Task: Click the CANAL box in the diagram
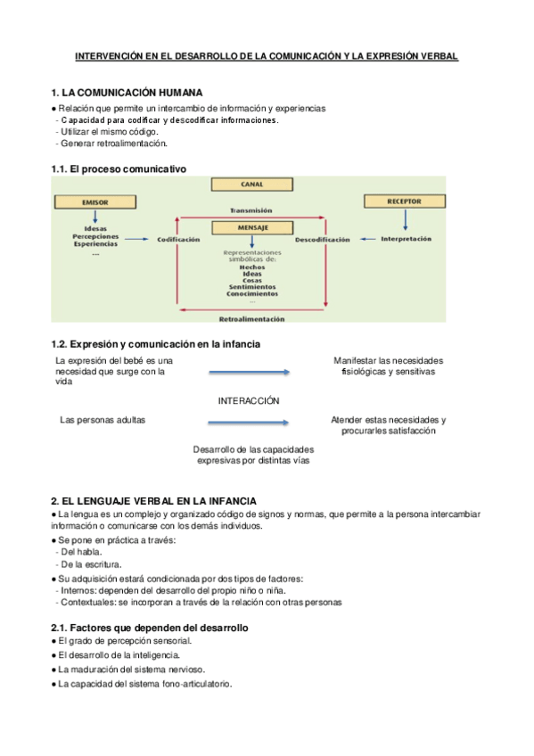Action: [x=251, y=185]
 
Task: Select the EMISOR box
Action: [x=94, y=203]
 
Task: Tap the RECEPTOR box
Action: [x=403, y=201]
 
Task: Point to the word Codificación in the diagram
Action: [x=177, y=240]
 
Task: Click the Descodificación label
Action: [x=322, y=240]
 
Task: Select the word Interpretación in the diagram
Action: [x=406, y=239]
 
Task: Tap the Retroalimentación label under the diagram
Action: [x=251, y=318]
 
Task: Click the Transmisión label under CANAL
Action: [x=251, y=210]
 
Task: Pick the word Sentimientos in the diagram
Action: [x=251, y=286]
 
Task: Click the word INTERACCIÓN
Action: [x=249, y=401]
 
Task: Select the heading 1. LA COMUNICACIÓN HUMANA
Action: [x=127, y=93]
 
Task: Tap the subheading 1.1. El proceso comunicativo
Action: [x=119, y=169]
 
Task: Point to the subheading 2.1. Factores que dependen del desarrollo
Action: [x=149, y=628]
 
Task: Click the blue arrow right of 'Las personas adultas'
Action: [x=249, y=420]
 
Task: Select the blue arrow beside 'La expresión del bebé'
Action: [x=249, y=372]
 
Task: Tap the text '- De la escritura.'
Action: [x=89, y=564]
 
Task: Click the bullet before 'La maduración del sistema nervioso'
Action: [x=53, y=670]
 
